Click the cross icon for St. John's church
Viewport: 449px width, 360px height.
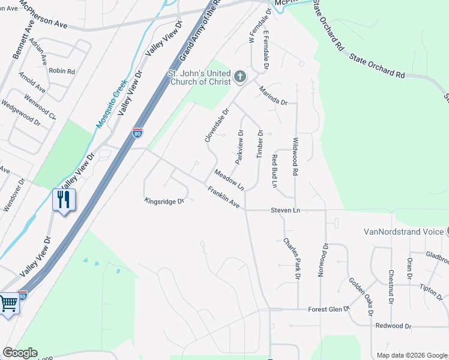click(240, 76)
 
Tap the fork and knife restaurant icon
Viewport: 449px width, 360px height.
click(64, 199)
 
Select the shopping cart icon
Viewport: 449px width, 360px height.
click(8, 304)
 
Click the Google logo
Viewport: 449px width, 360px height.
click(20, 353)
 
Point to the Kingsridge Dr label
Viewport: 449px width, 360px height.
click(163, 201)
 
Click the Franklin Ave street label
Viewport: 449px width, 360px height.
click(224, 198)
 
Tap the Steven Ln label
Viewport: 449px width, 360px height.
click(285, 210)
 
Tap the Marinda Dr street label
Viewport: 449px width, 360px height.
click(274, 95)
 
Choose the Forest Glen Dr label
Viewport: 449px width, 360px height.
click(329, 310)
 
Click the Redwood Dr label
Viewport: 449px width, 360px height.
click(393, 326)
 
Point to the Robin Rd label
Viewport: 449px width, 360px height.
click(62, 71)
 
